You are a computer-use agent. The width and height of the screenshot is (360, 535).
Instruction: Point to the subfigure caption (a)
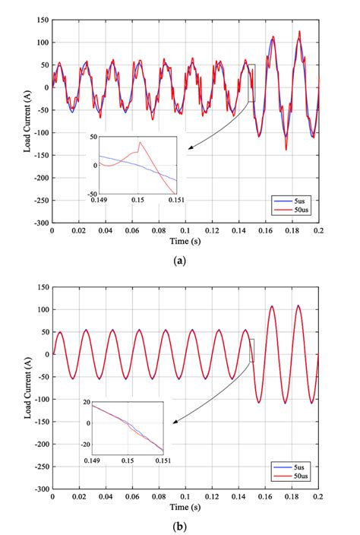(180, 260)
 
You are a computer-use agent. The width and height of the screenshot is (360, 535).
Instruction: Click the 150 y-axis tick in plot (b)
(41, 287)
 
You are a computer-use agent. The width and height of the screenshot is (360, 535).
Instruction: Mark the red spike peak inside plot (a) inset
(139, 141)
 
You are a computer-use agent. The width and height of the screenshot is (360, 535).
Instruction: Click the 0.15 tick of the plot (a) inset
(137, 198)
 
